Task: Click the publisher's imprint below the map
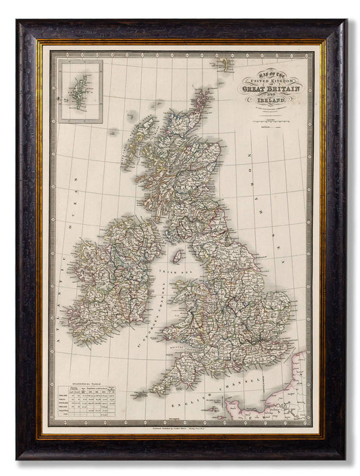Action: coord(179,429)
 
